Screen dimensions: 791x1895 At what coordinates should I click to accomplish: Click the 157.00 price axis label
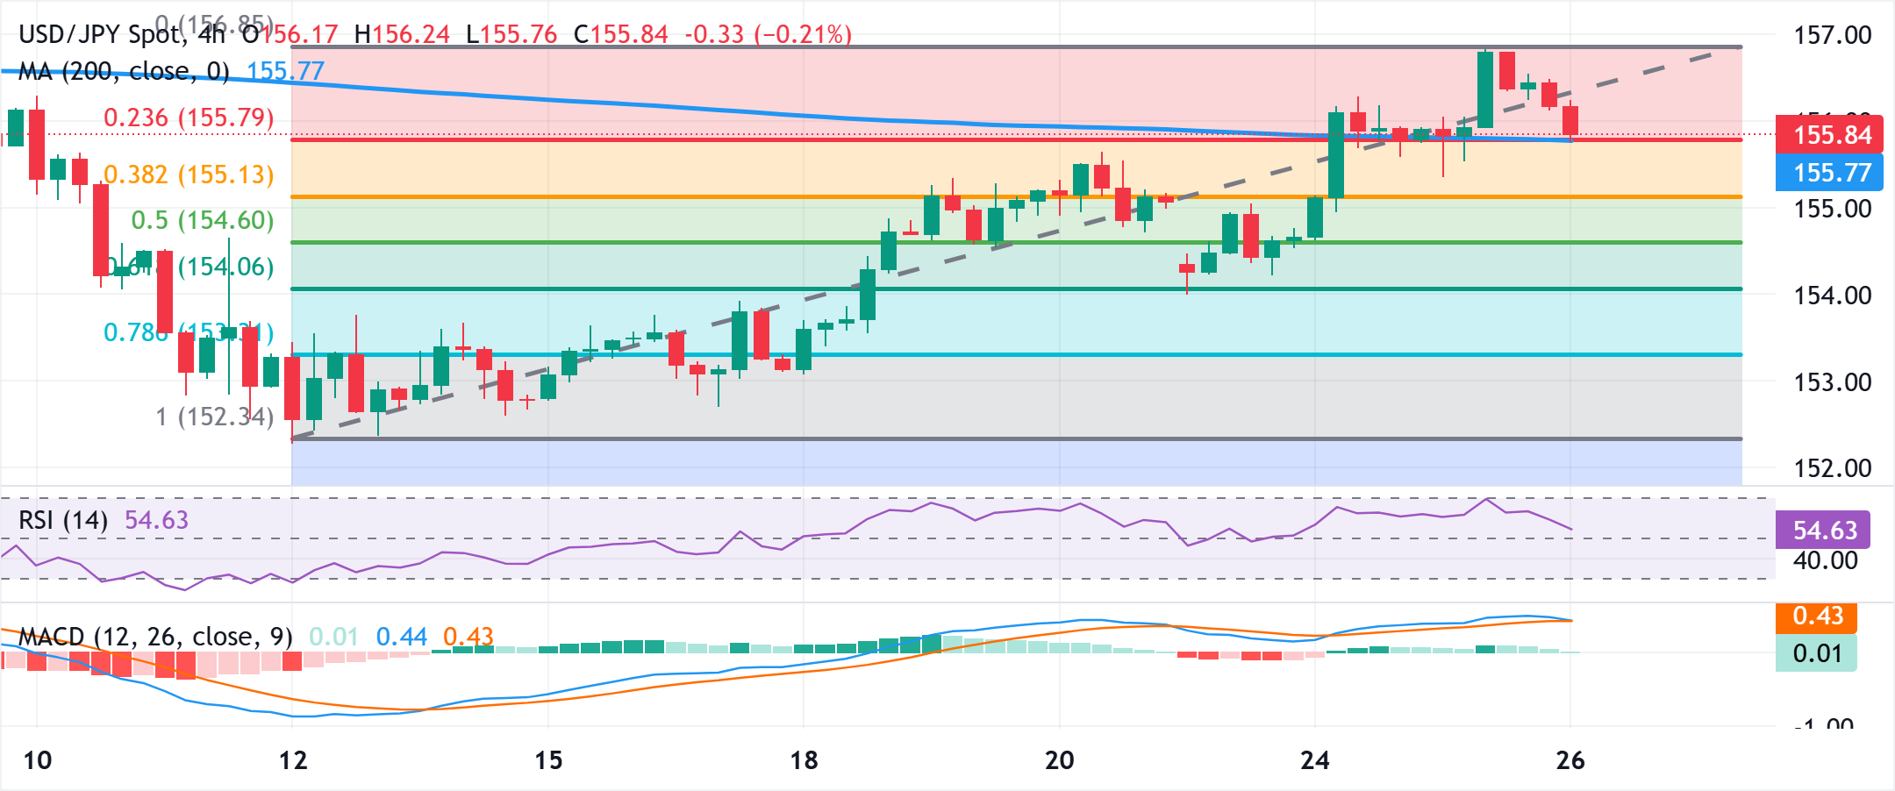tap(1832, 35)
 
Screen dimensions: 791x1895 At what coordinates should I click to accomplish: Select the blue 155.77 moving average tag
tap(1830, 173)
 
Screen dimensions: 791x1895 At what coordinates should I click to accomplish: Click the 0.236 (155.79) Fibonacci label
tap(188, 118)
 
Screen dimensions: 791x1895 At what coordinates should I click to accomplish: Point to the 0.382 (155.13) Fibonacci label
tap(188, 175)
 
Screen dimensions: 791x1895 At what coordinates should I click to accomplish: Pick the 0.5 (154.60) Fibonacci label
tap(202, 220)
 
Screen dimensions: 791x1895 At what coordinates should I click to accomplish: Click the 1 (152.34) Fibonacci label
tap(214, 417)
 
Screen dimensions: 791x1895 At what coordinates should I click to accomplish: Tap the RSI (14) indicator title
tap(63, 520)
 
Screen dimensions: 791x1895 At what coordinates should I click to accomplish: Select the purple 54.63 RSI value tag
tap(1824, 531)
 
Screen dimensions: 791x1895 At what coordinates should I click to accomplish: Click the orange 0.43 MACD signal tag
tap(1817, 616)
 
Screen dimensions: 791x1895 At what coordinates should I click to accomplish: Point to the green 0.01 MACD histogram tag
tap(1816, 653)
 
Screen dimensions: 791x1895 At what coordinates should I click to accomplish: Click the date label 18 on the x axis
tap(804, 760)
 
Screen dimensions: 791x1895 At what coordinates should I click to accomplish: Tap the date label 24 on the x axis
tap(1314, 760)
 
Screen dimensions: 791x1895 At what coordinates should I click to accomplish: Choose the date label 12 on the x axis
tap(293, 760)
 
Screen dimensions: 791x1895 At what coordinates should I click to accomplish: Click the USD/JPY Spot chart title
tap(101, 34)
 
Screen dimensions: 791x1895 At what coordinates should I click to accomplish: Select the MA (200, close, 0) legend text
tap(123, 71)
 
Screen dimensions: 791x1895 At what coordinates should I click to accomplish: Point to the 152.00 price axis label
tap(1832, 468)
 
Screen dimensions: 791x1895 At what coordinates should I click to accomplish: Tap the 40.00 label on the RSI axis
tap(1825, 560)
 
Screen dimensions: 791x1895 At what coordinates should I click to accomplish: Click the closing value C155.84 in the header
tap(620, 34)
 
